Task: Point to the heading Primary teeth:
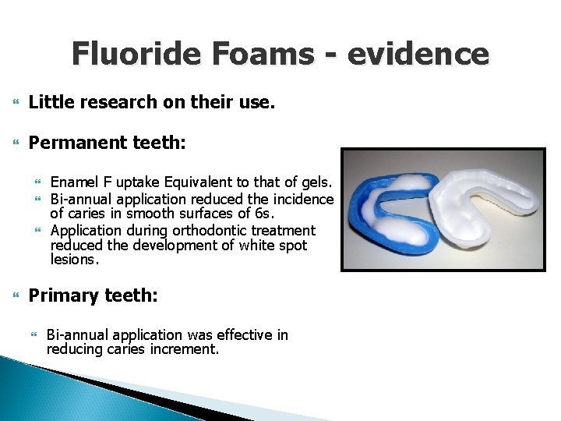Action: [93, 295]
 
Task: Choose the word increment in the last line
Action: [184, 349]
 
